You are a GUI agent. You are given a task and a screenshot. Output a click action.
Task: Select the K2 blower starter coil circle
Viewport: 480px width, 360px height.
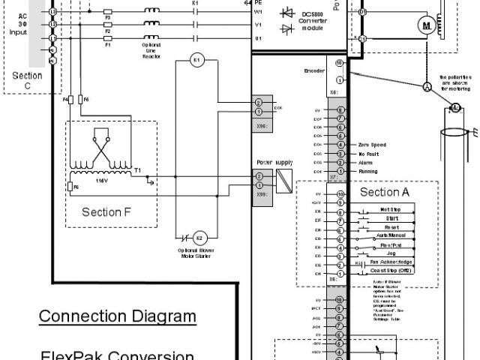coord(199,238)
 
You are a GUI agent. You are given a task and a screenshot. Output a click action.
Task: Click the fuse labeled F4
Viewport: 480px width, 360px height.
coord(70,99)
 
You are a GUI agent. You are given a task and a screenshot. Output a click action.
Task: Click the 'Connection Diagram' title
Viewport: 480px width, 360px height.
coord(117,316)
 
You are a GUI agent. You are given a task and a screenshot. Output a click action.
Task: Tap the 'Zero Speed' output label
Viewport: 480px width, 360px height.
coord(372,144)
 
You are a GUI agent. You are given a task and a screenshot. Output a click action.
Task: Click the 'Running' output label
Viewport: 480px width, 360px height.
coord(368,172)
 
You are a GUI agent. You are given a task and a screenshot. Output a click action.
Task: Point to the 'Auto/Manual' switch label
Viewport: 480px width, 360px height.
coord(388,237)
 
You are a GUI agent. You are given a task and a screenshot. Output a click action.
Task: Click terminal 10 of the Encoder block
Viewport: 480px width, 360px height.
coord(340,63)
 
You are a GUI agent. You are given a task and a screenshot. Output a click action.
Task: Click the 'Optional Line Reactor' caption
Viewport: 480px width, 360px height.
coord(152,51)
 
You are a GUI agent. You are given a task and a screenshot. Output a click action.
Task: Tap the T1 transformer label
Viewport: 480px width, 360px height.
coord(137,170)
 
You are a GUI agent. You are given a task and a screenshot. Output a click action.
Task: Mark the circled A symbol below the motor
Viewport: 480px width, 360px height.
coord(427,88)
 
